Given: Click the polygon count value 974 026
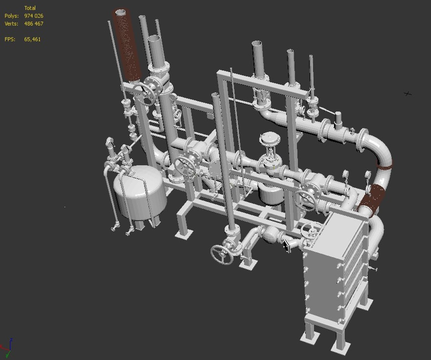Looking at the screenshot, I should coord(34,16).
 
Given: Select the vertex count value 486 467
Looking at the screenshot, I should coord(34,24).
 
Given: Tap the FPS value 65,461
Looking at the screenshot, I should coord(32,39).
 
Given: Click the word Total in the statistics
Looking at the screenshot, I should coord(30,8).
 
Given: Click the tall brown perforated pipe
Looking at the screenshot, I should coord(128,47).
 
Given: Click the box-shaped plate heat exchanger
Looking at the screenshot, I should coord(336,263).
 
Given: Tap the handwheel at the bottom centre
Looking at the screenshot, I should coord(222,255).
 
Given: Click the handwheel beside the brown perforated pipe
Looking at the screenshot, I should coord(144,93).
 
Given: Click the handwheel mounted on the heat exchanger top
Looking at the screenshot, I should coord(311,230).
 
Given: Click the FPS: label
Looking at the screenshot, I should coord(10,39).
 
